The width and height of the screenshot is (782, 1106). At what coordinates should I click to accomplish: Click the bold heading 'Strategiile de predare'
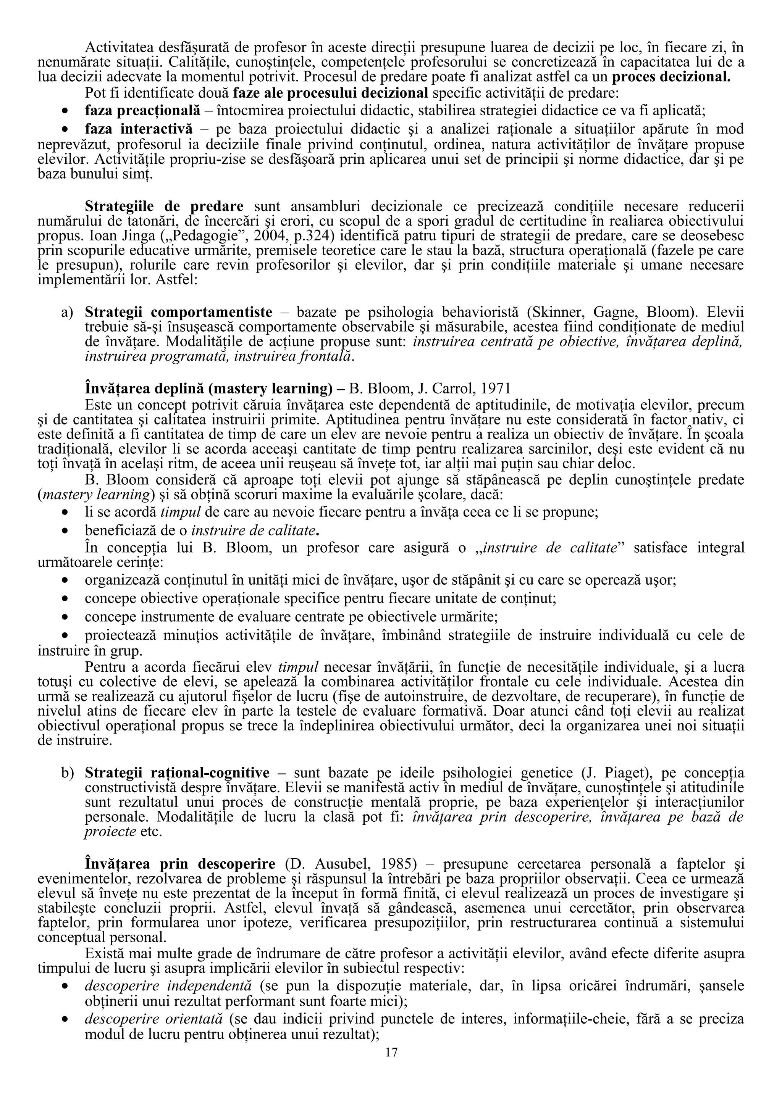[164, 206]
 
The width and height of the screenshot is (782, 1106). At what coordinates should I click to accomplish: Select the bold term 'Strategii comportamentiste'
[178, 312]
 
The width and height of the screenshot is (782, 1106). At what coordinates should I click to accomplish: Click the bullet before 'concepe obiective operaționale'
[65, 599]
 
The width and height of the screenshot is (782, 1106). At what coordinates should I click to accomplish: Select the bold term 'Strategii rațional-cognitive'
[177, 773]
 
